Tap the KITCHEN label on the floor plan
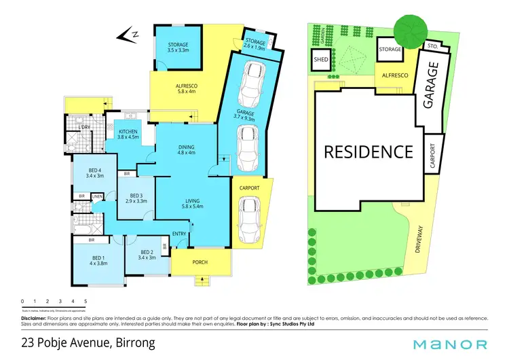tap(128, 132)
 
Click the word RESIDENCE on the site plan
tap(368, 151)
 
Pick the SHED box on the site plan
tap(321, 60)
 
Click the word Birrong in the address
tap(132, 343)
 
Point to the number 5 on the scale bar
tap(86, 300)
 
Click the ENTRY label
tap(179, 234)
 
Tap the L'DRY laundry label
tap(85, 128)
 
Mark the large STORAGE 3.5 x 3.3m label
tap(178, 45)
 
